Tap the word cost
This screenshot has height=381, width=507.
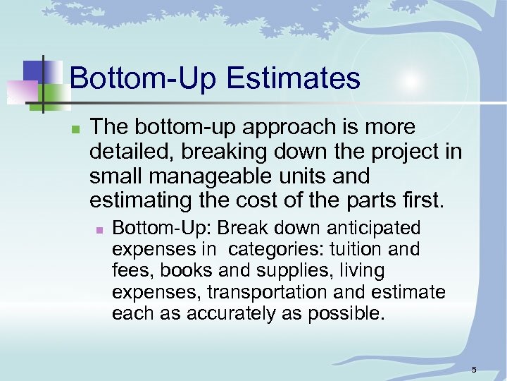pos(254,201)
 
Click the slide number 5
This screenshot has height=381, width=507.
pos(474,370)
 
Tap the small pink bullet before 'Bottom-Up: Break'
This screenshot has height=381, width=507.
pos(100,230)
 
